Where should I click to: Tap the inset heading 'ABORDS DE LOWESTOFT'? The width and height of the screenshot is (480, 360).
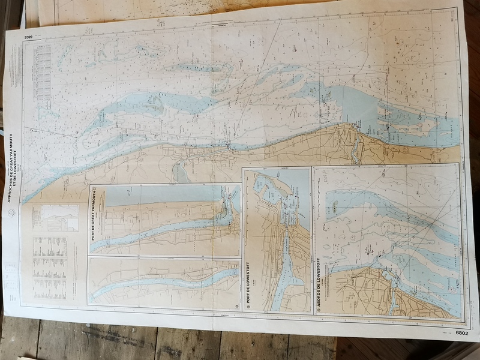click(317, 282)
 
